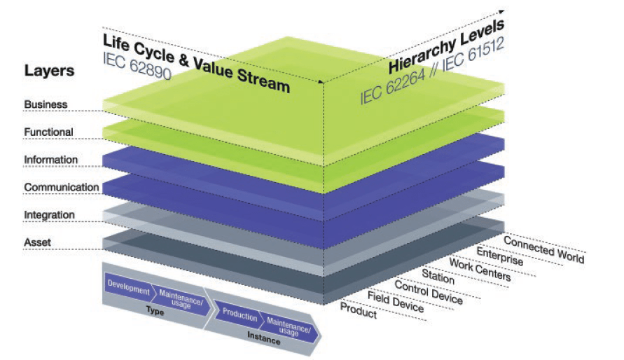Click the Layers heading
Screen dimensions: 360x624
[x=49, y=71]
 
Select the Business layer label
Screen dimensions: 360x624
[x=46, y=104]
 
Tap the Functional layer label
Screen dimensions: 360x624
[x=48, y=132]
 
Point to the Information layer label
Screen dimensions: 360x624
[x=50, y=160]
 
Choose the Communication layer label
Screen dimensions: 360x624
[x=61, y=187]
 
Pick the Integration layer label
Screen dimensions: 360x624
[x=49, y=214]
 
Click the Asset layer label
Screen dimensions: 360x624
[x=38, y=242]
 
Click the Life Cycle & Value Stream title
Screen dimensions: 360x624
[x=196, y=63]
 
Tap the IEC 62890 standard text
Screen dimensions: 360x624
[x=140, y=59]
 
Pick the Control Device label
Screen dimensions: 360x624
[x=429, y=291]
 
